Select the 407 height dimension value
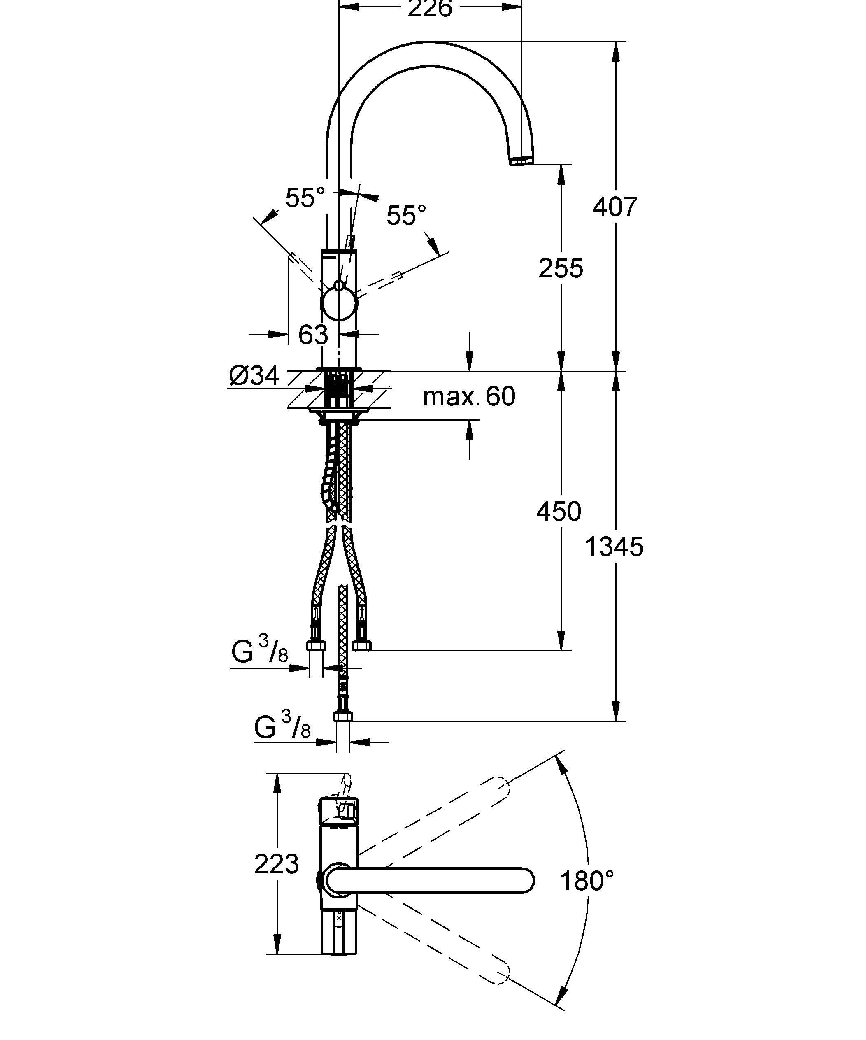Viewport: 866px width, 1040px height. [615, 207]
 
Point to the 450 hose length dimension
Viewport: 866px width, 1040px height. [559, 511]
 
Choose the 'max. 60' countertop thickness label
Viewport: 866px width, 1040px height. [469, 396]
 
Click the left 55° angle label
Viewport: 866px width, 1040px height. [305, 198]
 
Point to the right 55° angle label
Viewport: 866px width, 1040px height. [406, 215]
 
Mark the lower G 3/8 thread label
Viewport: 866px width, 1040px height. [282, 726]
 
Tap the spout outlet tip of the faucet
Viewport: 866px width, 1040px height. [521, 161]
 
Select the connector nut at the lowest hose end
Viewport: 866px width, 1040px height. [342, 717]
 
